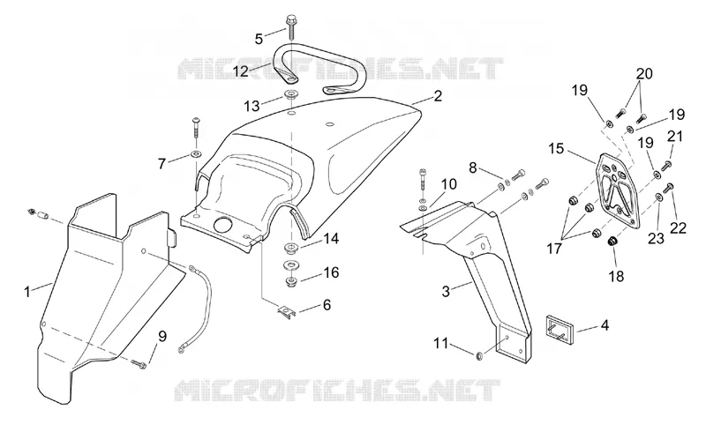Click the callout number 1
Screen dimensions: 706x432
(x=27, y=292)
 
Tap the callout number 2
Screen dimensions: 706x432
(x=438, y=95)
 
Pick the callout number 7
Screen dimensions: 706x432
(x=162, y=163)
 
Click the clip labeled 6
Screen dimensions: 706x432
(x=284, y=310)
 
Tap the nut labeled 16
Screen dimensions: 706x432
(x=290, y=283)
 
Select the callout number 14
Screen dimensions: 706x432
(x=331, y=239)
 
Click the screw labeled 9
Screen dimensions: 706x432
(x=139, y=362)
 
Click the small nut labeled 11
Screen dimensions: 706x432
(x=479, y=355)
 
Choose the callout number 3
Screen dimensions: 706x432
(x=446, y=291)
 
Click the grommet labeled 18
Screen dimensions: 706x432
(x=612, y=242)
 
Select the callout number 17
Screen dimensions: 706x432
(x=554, y=248)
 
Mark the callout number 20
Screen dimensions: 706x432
(x=644, y=73)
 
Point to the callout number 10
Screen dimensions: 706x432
(x=449, y=184)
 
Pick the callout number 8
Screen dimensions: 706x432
(x=472, y=168)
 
